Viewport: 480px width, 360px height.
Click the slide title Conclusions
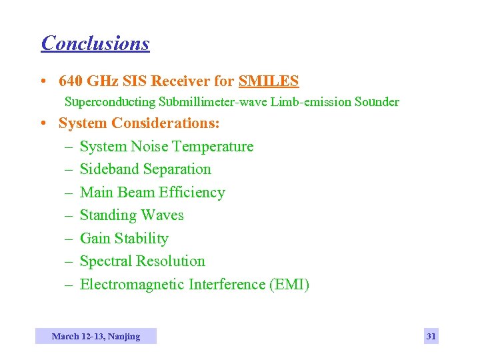tap(95, 43)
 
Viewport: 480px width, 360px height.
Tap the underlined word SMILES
tap(269, 81)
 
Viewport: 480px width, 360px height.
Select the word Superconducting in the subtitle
tap(109, 102)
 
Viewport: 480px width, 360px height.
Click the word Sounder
tap(377, 102)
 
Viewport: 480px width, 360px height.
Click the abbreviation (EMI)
tap(289, 285)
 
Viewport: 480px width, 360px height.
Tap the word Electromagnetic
tap(132, 285)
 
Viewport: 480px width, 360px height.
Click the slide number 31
tap(431, 337)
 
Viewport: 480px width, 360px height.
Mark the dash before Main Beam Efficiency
tap(69, 193)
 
